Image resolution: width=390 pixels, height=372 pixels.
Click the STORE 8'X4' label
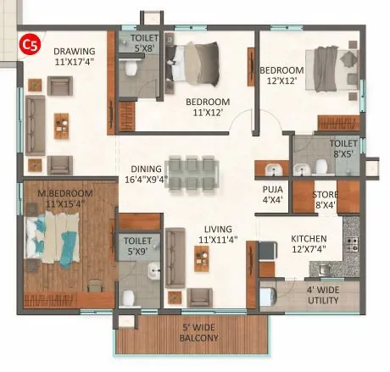[x=325, y=197]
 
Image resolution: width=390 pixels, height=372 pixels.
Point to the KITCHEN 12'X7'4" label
[x=310, y=245]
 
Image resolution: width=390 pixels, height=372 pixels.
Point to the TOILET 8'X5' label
[x=343, y=150]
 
